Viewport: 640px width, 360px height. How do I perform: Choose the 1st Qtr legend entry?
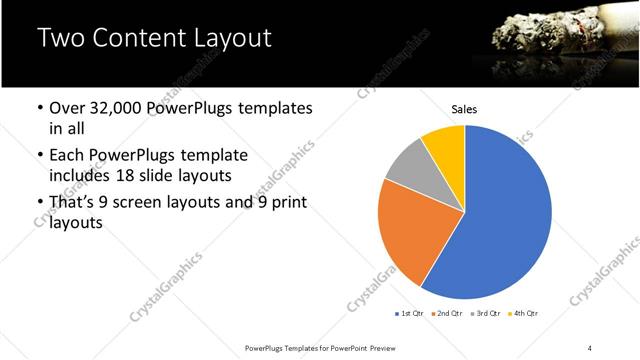pos(412,314)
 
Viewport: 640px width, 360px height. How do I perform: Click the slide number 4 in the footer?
pos(590,347)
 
